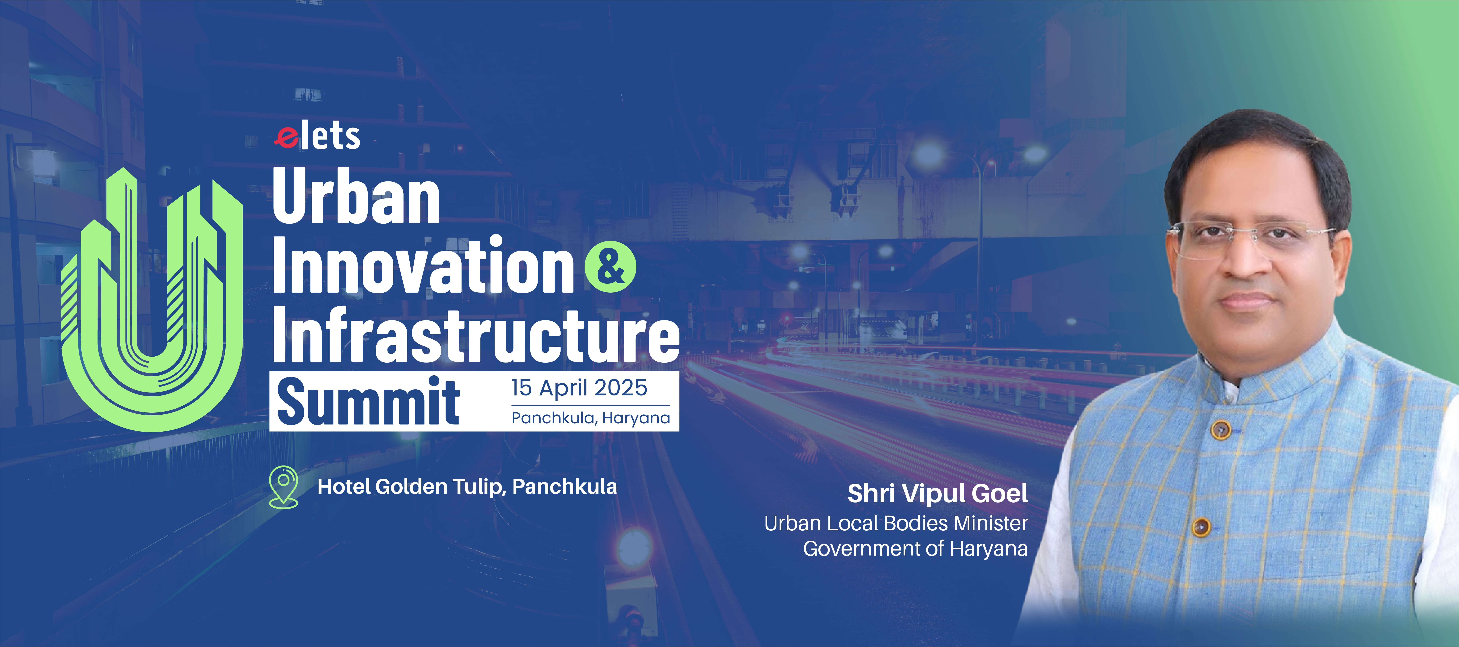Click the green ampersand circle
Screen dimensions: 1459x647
coord(610,267)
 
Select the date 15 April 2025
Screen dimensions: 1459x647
coord(579,388)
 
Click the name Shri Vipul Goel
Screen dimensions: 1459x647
coord(937,493)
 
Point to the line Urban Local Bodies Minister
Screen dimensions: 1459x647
coord(896,523)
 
